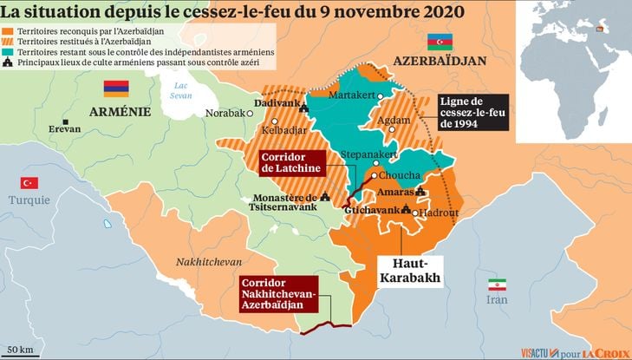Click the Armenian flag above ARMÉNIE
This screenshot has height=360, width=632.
click(x=116, y=88)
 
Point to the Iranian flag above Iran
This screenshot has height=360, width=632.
click(x=497, y=285)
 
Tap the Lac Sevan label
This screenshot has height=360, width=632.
click(x=180, y=90)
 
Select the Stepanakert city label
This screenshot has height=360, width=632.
click(x=369, y=154)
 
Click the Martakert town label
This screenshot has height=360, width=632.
click(x=355, y=94)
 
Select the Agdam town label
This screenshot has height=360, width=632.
click(x=395, y=121)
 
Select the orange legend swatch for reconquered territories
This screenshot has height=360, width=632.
click(x=8, y=30)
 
